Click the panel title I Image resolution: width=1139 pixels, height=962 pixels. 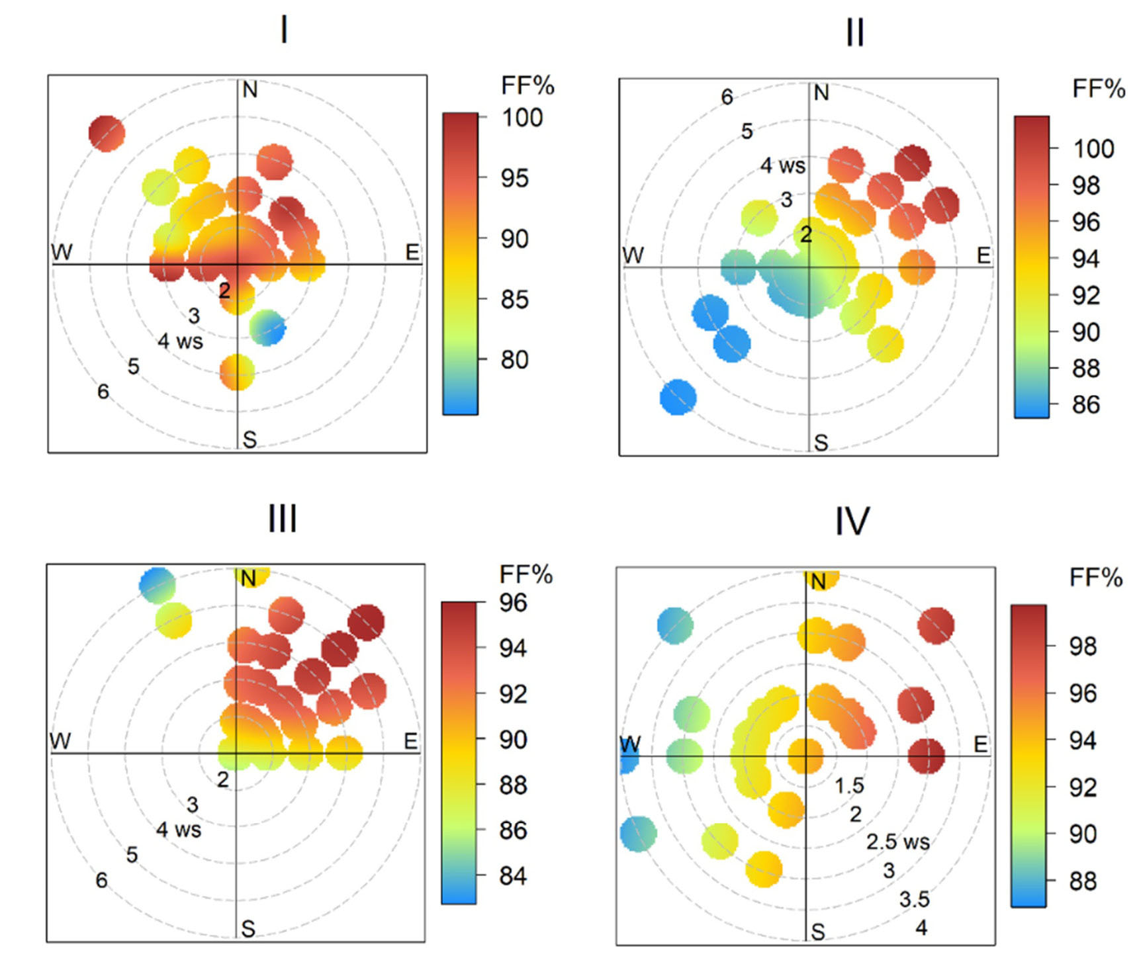(x=284, y=30)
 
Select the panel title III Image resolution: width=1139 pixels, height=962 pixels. (x=283, y=519)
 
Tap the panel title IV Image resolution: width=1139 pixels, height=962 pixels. (x=852, y=521)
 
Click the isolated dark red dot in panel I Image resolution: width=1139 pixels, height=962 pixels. (x=107, y=133)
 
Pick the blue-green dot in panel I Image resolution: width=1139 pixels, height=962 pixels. (x=267, y=328)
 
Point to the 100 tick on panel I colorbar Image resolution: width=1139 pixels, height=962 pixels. (x=522, y=118)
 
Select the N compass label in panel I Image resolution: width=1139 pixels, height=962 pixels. (x=250, y=89)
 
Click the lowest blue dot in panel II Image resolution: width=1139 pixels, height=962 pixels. (x=678, y=398)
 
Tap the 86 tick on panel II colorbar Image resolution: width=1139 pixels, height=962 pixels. (x=1085, y=404)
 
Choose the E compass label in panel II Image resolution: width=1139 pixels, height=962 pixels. (x=983, y=255)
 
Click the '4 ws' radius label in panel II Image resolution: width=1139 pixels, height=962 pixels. (x=782, y=165)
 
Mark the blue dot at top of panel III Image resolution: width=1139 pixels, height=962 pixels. (x=157, y=585)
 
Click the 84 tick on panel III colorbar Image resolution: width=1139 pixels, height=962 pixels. (x=512, y=876)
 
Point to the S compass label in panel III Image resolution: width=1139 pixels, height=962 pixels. (x=248, y=929)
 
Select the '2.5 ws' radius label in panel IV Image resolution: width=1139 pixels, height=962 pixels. (x=897, y=842)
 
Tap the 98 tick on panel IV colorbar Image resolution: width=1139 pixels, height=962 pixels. (x=1083, y=646)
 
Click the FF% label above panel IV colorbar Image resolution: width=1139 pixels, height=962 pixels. (x=1096, y=578)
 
